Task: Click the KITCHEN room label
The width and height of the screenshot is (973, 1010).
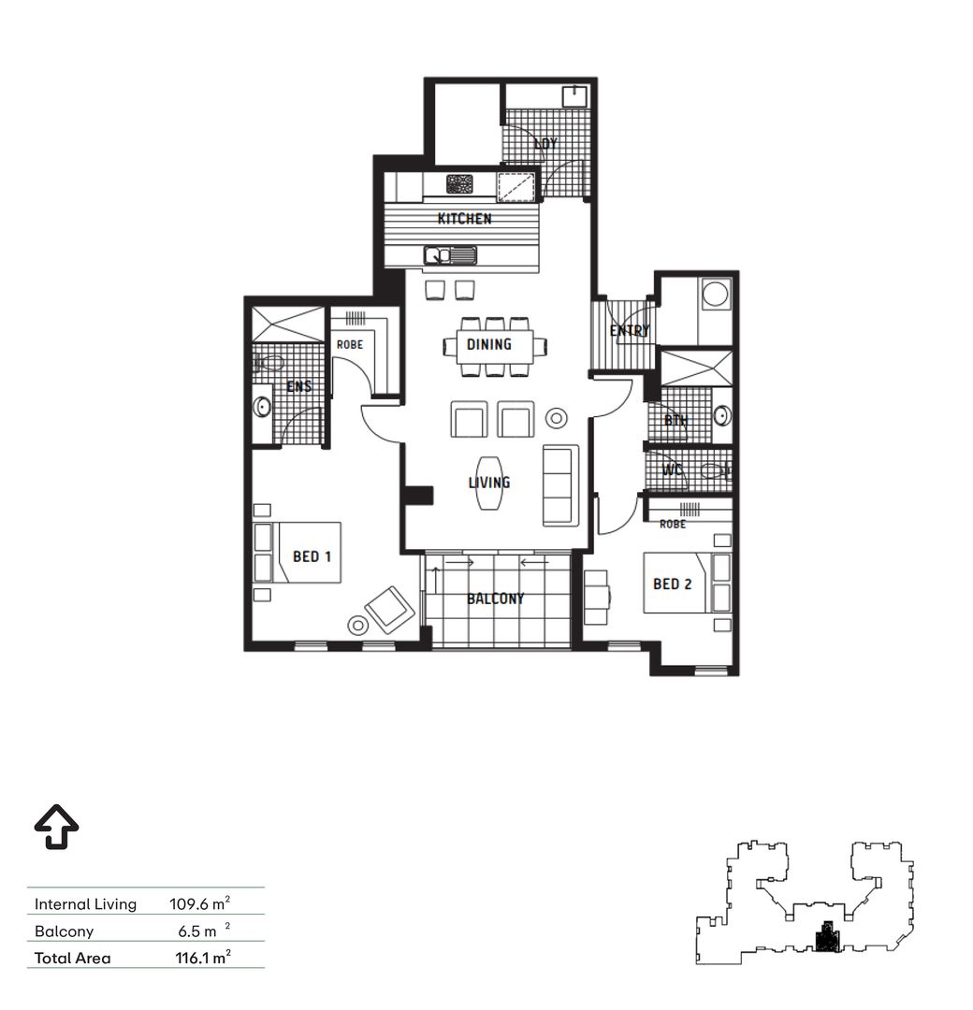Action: click(464, 219)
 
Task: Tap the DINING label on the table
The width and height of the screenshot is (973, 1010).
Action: click(489, 344)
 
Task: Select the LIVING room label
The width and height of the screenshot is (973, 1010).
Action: click(489, 483)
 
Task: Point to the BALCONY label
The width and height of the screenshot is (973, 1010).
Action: click(496, 599)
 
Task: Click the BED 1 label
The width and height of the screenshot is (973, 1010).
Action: click(312, 556)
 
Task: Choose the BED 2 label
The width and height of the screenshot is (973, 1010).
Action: click(672, 584)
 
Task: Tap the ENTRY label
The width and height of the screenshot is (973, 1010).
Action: click(630, 331)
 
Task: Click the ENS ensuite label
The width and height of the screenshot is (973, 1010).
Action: click(299, 385)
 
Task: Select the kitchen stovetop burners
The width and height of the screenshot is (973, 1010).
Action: click(459, 184)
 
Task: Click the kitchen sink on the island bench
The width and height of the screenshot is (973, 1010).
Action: click(450, 253)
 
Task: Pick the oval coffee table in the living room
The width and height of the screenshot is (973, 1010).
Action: click(489, 483)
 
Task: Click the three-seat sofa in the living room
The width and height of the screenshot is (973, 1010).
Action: click(560, 484)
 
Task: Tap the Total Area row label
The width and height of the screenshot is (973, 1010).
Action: click(72, 958)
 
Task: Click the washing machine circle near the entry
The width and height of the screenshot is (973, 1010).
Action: click(717, 296)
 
